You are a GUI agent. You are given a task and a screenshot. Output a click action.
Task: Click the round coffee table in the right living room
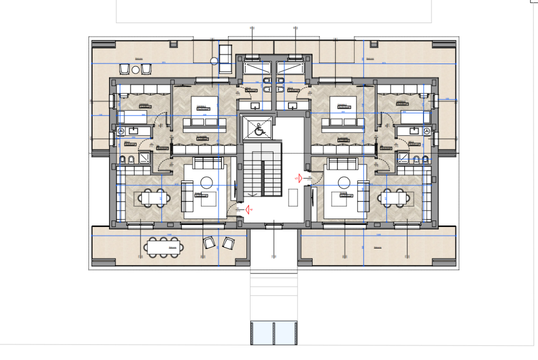click(x=343, y=182)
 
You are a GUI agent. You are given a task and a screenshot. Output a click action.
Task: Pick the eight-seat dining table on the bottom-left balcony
click(x=163, y=246)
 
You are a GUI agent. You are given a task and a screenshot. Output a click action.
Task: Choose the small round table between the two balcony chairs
click(x=214, y=61)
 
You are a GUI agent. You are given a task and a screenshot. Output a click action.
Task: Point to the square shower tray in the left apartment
click(x=145, y=158)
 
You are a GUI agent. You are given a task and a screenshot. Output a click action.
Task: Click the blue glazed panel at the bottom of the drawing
click(x=273, y=332)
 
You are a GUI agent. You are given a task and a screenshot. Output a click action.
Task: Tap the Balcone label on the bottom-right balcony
click(x=378, y=247)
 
